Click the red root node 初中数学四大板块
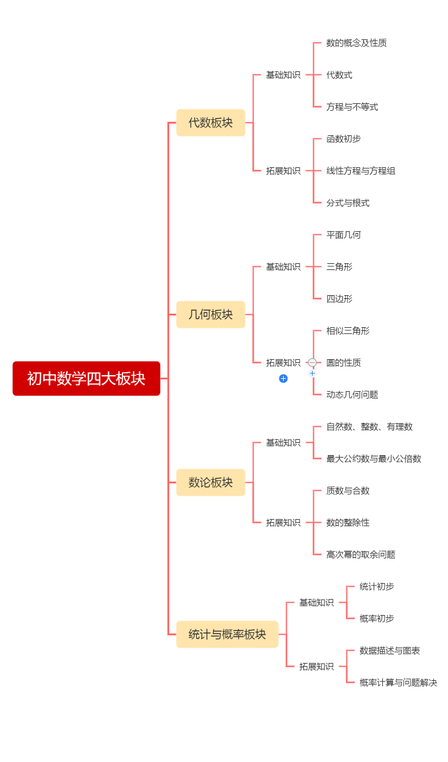pos(86,378)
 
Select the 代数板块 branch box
pos(210,122)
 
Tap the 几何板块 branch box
pos(210,314)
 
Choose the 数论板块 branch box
pos(210,482)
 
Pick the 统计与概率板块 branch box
pos(227,634)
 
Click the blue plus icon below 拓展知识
pos(283,378)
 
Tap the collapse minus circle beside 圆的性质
pos(312,362)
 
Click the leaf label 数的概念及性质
pos(356,43)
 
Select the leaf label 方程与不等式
pos(352,107)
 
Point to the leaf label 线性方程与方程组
pos(361,171)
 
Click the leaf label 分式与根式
pos(348,203)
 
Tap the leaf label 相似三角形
pos(348,331)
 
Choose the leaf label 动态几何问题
pos(352,395)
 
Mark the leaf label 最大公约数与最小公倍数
pos(374,459)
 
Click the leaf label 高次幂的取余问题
pos(361,555)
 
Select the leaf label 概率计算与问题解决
pos(398,683)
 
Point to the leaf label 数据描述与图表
pos(390,651)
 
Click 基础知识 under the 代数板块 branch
pos(283,75)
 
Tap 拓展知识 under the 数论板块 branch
pos(283,523)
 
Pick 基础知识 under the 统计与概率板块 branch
pos(316,603)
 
